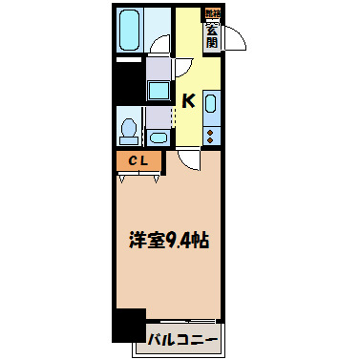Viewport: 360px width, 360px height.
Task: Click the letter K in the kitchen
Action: point(188,100)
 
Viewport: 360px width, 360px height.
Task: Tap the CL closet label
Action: point(138,161)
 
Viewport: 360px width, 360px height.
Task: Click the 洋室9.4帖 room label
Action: point(170,242)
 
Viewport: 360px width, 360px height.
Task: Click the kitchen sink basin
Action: point(212,104)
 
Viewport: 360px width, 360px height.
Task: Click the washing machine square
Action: point(159,92)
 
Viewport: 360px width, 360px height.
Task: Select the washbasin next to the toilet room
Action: point(159,137)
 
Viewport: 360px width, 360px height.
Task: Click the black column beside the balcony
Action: point(127,326)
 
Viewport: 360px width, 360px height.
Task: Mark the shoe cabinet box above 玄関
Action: point(210,13)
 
